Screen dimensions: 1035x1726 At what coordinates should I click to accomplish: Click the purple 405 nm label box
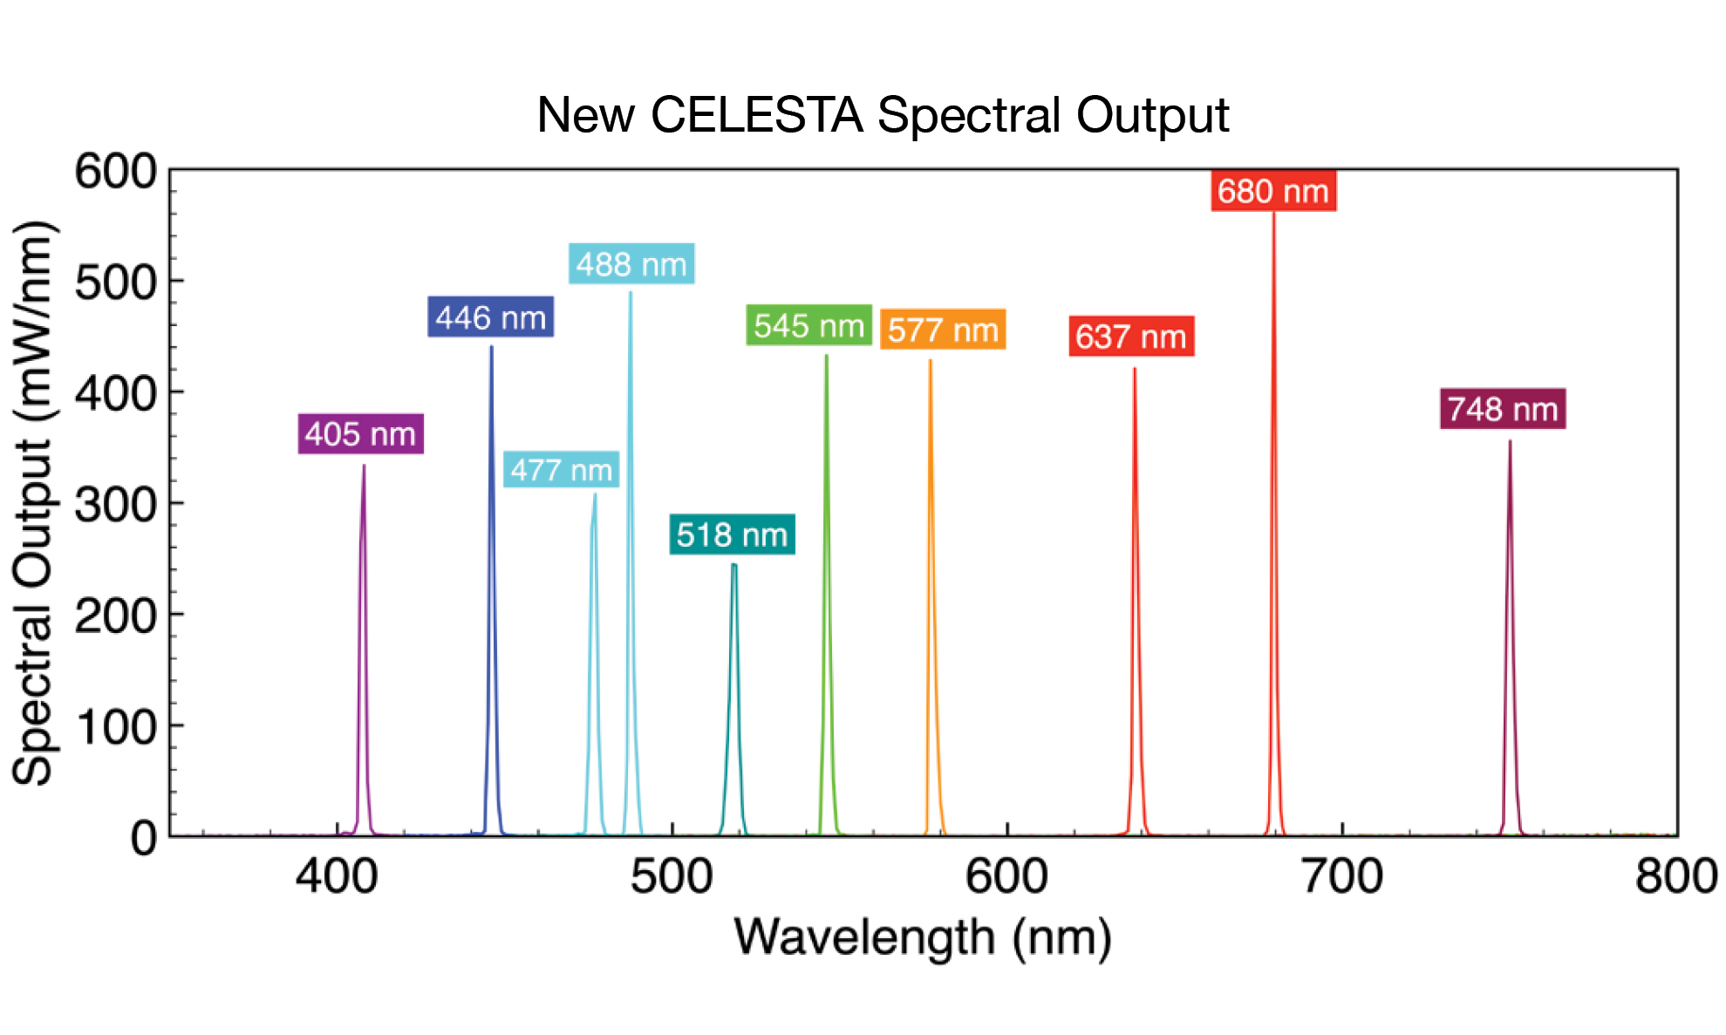360,433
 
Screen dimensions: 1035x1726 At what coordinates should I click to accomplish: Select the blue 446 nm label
490,317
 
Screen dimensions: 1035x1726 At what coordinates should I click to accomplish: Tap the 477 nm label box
561,470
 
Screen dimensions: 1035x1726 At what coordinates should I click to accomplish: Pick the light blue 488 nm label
631,263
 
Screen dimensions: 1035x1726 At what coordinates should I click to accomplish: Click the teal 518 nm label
732,534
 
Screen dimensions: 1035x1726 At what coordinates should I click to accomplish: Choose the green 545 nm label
808,325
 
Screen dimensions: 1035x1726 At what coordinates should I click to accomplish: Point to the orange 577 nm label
943,330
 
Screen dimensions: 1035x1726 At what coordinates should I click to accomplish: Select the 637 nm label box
1131,336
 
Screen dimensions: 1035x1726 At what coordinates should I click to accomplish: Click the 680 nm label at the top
1273,191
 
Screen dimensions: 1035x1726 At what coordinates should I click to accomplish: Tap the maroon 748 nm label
1503,408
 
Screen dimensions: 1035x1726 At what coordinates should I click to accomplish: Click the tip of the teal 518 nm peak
734,565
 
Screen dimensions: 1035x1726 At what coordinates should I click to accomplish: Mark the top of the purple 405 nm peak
364,466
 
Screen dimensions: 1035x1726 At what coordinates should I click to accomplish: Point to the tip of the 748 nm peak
1510,442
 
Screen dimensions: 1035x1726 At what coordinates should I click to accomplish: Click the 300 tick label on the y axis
115,505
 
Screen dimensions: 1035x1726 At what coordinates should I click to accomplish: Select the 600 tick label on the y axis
115,171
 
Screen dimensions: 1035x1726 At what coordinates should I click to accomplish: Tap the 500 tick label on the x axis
672,876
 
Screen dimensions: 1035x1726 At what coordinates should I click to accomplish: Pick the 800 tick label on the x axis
1675,876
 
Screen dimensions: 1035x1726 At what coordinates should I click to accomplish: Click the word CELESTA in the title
756,115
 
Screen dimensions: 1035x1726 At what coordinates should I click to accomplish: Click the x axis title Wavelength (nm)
923,938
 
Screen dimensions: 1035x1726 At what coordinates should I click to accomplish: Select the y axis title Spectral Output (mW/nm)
33,503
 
